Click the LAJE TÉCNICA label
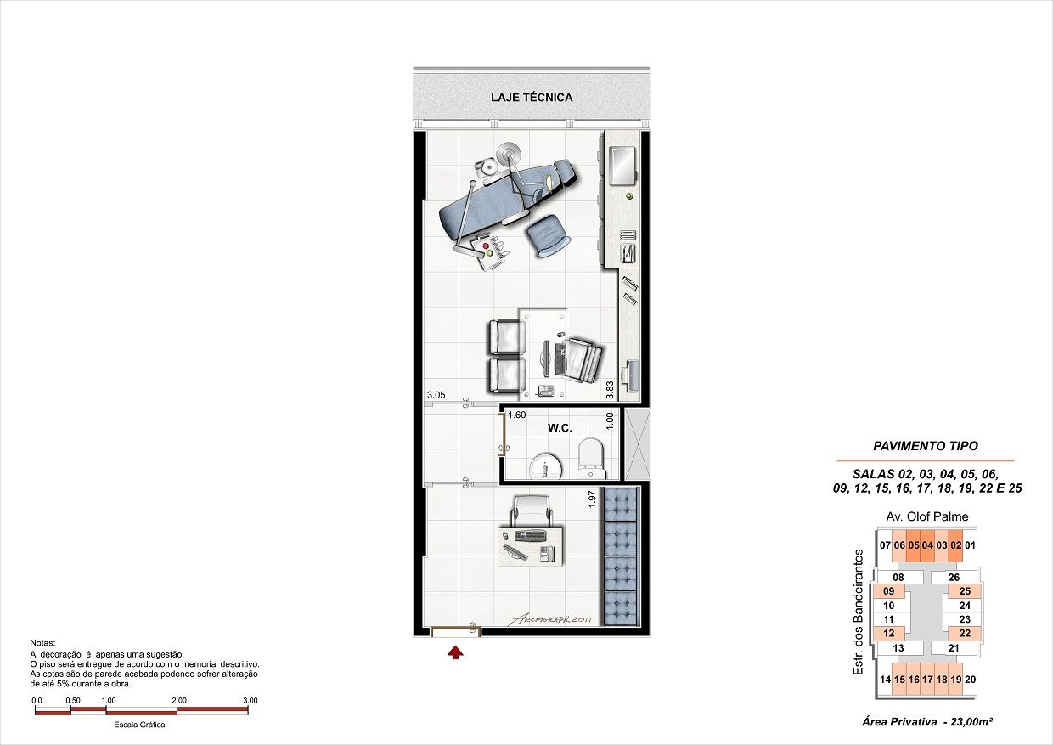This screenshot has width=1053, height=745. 532,98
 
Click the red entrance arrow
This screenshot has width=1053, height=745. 456,652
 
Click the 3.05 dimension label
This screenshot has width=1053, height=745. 436,395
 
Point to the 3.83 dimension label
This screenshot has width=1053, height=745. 610,389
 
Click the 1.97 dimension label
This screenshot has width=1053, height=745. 592,499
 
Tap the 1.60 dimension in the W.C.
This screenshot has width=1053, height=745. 516,415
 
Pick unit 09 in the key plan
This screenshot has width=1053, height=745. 888,591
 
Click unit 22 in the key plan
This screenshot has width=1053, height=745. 965,633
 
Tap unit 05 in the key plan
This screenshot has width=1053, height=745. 914,545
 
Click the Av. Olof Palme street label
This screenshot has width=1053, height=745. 926,516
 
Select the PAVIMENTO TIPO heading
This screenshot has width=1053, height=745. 925,446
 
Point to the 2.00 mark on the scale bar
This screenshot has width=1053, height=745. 178,701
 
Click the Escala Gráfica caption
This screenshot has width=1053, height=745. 139,725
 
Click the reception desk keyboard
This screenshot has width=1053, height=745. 531,536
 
